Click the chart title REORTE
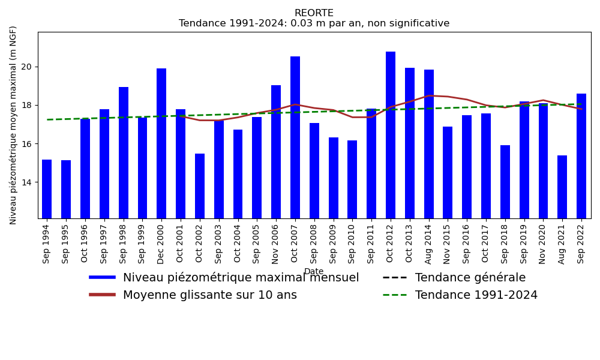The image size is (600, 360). [x=314, y=13]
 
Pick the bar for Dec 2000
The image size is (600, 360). [x=161, y=143]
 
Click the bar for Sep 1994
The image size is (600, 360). [x=47, y=189]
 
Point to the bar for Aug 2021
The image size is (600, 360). [x=562, y=187]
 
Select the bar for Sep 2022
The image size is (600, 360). [x=581, y=156]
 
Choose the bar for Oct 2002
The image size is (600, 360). [x=200, y=186]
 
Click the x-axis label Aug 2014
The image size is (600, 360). [x=429, y=242]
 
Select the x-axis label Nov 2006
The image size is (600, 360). [x=276, y=242]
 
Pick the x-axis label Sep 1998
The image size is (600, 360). [x=124, y=242]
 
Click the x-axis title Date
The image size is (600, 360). [x=314, y=272]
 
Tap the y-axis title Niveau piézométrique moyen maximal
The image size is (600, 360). [x=14, y=125]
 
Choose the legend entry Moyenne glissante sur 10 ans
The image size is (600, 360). [x=209, y=295]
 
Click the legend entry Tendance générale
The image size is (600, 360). [x=470, y=278]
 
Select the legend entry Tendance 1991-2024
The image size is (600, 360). [x=476, y=295]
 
